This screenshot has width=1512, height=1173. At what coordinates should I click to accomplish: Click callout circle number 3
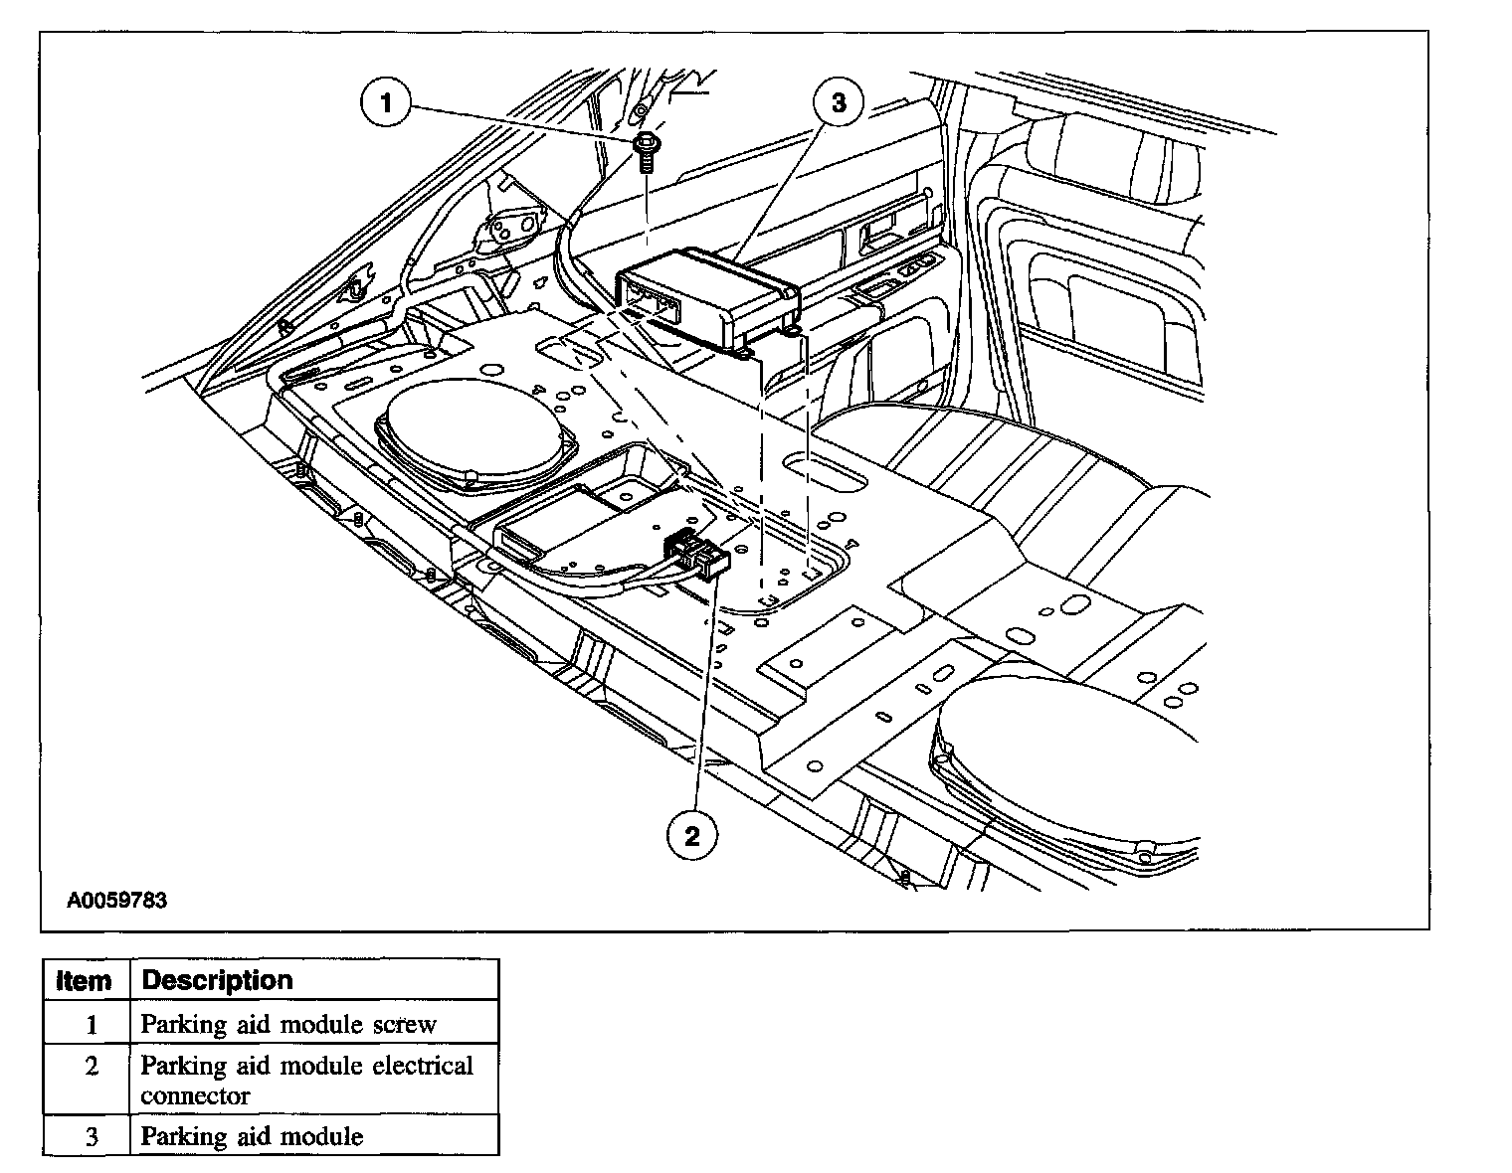pos(838,103)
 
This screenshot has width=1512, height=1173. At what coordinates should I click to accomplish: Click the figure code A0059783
pos(117,901)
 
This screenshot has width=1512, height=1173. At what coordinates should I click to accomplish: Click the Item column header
pos(86,981)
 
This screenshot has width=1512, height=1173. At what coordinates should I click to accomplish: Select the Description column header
pos(218,980)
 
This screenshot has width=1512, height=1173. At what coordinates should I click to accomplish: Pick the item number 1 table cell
pos(90,1024)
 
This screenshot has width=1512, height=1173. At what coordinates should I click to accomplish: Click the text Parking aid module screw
pos(288,1024)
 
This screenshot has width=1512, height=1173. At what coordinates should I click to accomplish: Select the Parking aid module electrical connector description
pos(306,1081)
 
